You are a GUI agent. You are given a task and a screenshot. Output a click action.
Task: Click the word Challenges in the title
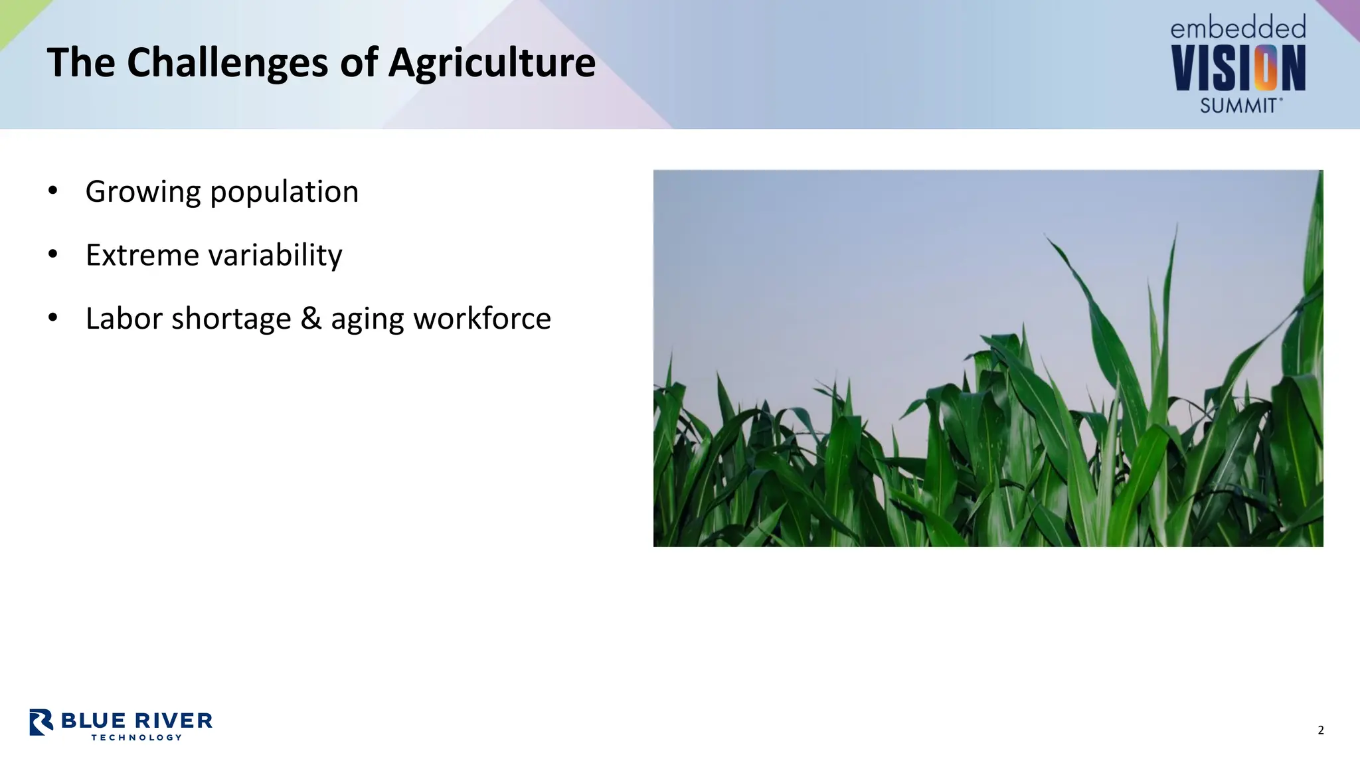pos(228,64)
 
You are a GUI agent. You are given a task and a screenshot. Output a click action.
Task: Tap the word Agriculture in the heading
pos(491,64)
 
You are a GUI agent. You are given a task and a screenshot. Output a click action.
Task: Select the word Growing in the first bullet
pos(143,193)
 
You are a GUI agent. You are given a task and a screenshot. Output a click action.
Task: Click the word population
pos(284,193)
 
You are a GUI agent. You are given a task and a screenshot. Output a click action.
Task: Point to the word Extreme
pos(141,255)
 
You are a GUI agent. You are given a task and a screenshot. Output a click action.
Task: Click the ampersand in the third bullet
pos(311,318)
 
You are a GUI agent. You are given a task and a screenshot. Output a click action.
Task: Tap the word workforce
pos(482,319)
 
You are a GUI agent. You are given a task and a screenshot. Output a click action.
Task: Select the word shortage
pos(231,319)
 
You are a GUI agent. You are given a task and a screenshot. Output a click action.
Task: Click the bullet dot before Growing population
pos(53,191)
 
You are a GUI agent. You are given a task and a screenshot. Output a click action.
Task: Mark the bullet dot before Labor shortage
pos(53,318)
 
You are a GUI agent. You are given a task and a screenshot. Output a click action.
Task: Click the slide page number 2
pos(1320,730)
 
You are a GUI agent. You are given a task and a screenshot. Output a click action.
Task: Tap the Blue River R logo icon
pos(41,722)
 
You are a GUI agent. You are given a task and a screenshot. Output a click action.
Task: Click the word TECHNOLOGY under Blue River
pos(137,737)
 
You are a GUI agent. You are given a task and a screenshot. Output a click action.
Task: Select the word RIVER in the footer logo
pos(174,721)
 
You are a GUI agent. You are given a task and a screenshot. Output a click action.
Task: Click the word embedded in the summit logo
pos(1238,28)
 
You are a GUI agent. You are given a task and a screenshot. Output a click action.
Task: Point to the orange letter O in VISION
pos(1266,68)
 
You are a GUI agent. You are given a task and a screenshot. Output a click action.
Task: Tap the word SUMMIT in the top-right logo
pos(1238,106)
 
